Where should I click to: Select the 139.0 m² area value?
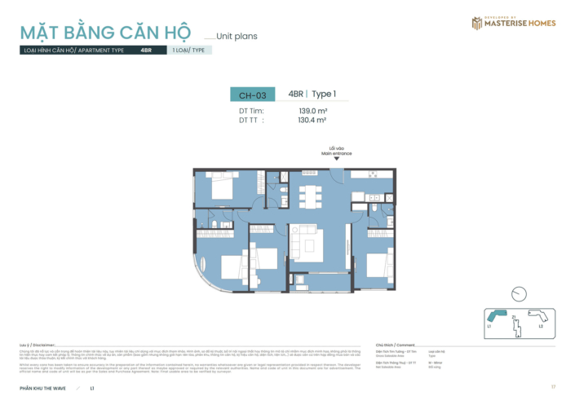(312, 111)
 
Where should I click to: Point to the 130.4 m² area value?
(312, 120)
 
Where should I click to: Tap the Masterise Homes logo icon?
(476, 23)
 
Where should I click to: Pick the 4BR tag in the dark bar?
(146, 50)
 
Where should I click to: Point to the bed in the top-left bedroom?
(223, 189)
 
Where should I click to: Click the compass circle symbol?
(518, 295)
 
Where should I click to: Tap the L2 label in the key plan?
(540, 326)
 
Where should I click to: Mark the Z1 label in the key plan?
(514, 316)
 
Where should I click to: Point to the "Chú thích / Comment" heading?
(395, 345)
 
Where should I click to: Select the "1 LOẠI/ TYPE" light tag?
(188, 50)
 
